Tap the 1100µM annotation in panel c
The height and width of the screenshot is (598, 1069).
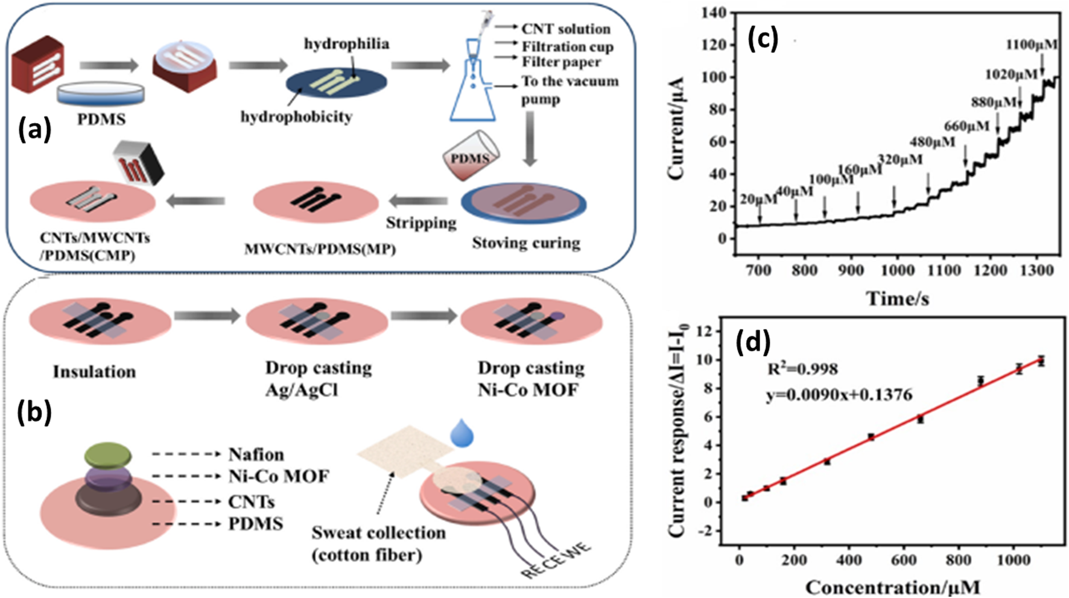tap(1031, 45)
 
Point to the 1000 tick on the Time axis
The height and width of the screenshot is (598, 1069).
tap(897, 270)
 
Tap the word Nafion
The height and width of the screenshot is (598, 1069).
tap(256, 454)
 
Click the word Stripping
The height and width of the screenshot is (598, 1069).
tap(421, 223)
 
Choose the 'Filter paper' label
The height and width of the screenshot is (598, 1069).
tap(561, 62)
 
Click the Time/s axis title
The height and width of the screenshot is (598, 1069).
tap(897, 297)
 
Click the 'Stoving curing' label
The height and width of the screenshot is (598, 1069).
tap(525, 243)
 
